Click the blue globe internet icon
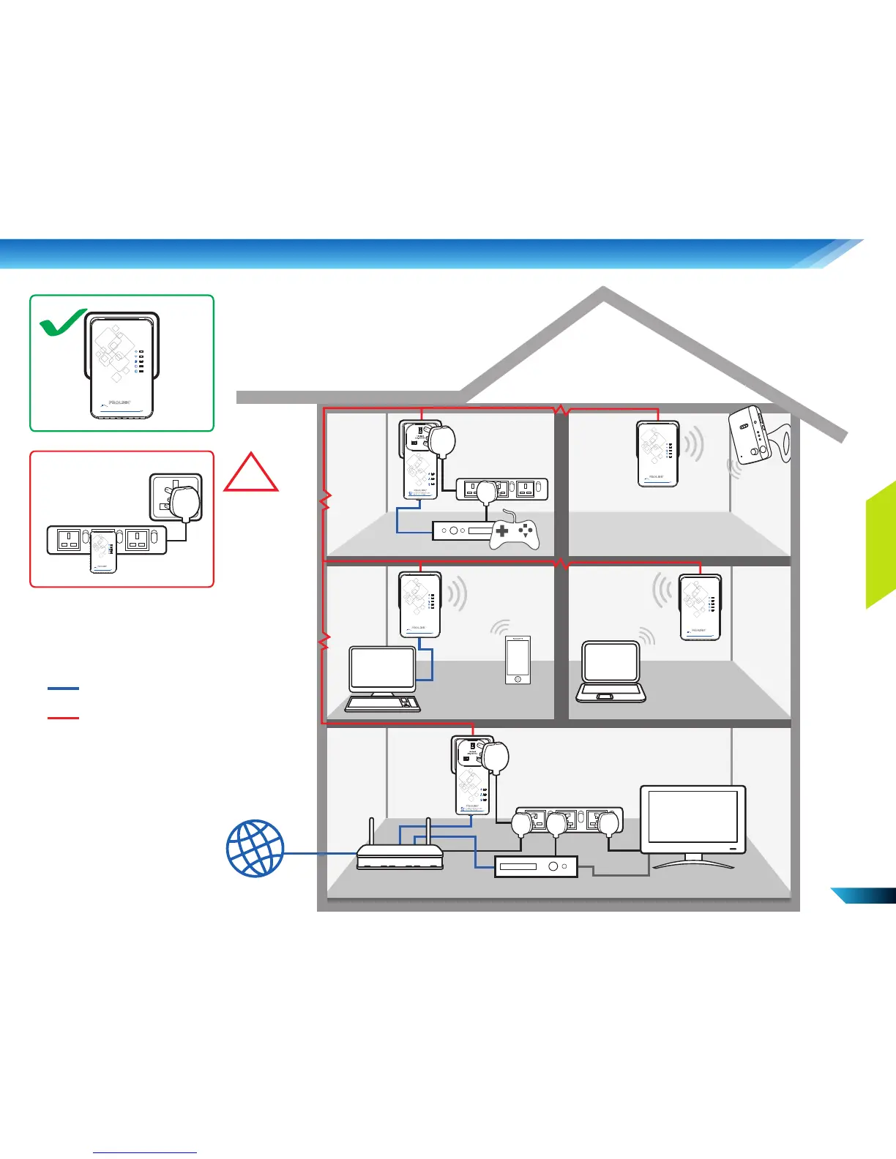(x=255, y=849)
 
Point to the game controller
(x=515, y=533)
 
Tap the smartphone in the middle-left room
(x=518, y=660)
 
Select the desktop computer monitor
(x=382, y=669)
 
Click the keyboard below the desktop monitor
(x=382, y=704)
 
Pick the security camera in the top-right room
(x=751, y=435)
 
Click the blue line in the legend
(x=63, y=689)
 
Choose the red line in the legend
(x=63, y=718)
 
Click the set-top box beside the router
(x=536, y=866)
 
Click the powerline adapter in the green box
(x=122, y=366)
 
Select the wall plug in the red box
(x=176, y=498)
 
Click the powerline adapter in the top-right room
(x=658, y=454)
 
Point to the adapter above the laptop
(x=701, y=607)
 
